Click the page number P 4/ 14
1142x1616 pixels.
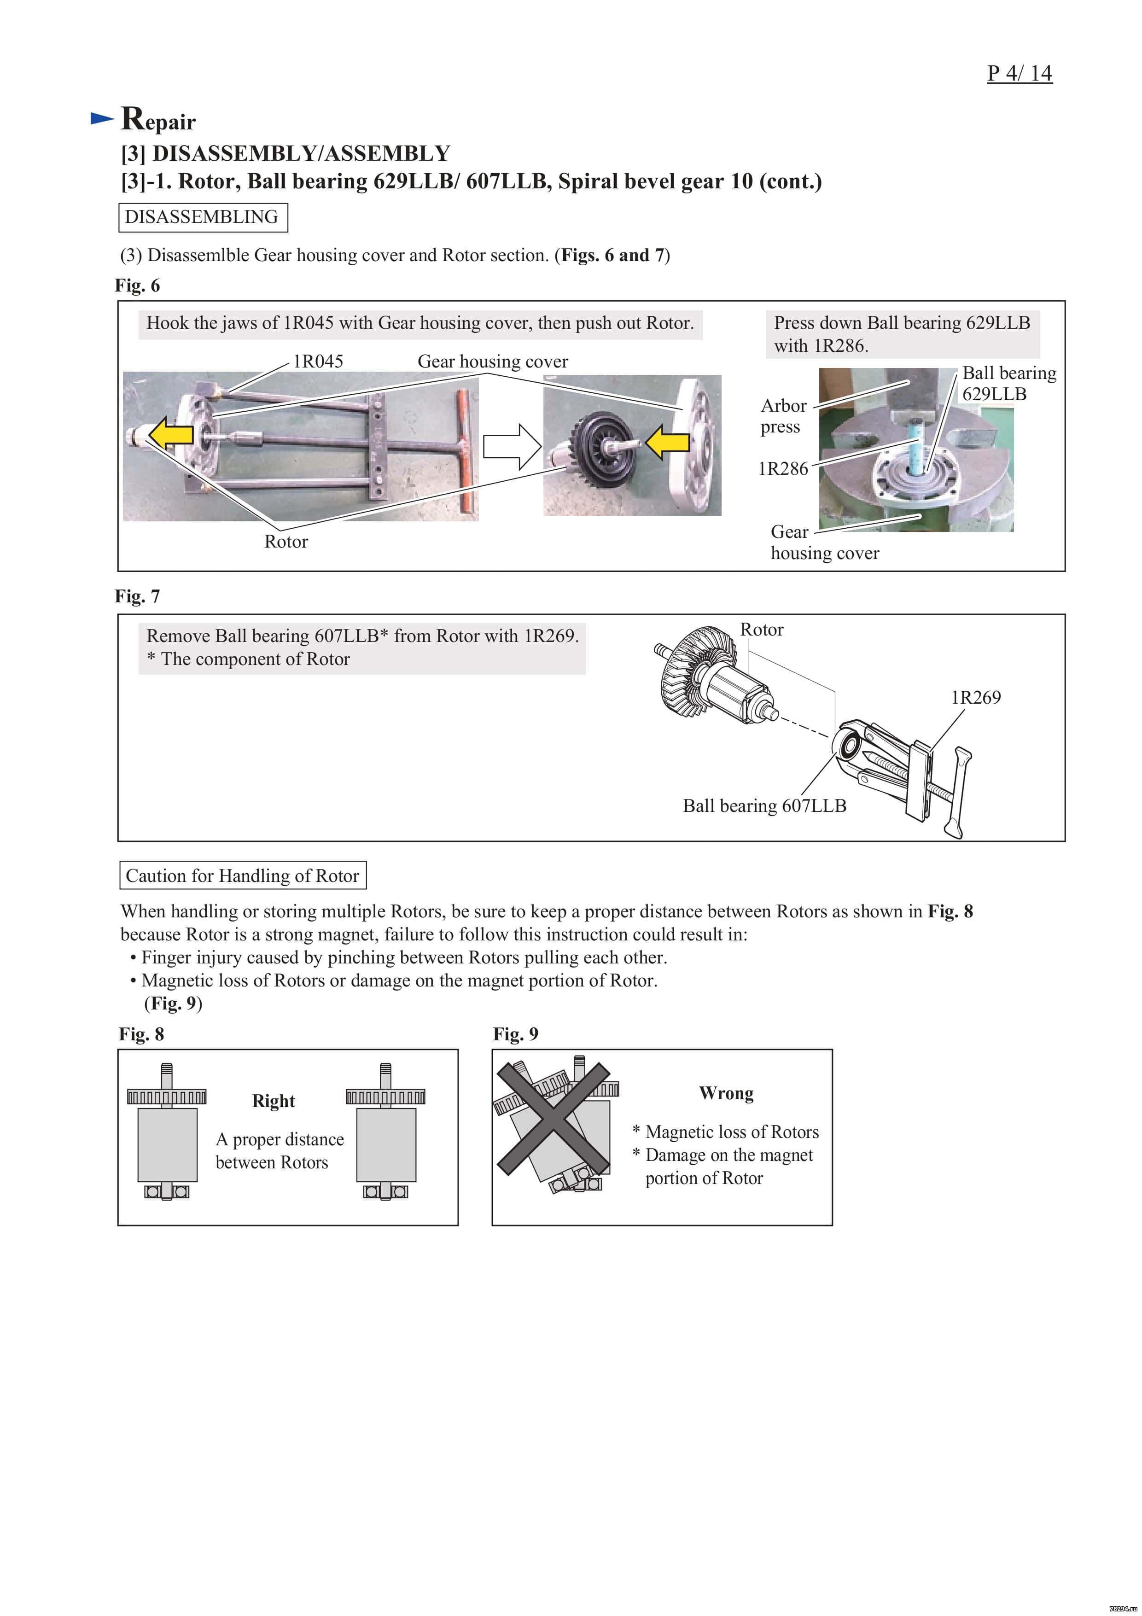[x=1019, y=73]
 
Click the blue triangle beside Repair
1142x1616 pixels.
[x=102, y=119]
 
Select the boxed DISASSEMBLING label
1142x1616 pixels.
[x=202, y=217]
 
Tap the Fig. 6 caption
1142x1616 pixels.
[x=137, y=286]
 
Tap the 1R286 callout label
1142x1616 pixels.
[x=782, y=469]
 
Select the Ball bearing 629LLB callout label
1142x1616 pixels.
[x=1008, y=384]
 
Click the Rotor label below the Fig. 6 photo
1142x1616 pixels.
[x=285, y=541]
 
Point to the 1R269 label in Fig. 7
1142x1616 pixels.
[x=975, y=698]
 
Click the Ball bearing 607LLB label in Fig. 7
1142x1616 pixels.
[x=764, y=806]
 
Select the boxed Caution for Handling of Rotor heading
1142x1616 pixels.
[x=242, y=875]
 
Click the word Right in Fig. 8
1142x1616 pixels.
[x=273, y=1101]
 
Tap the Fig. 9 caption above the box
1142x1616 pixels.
[x=515, y=1034]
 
